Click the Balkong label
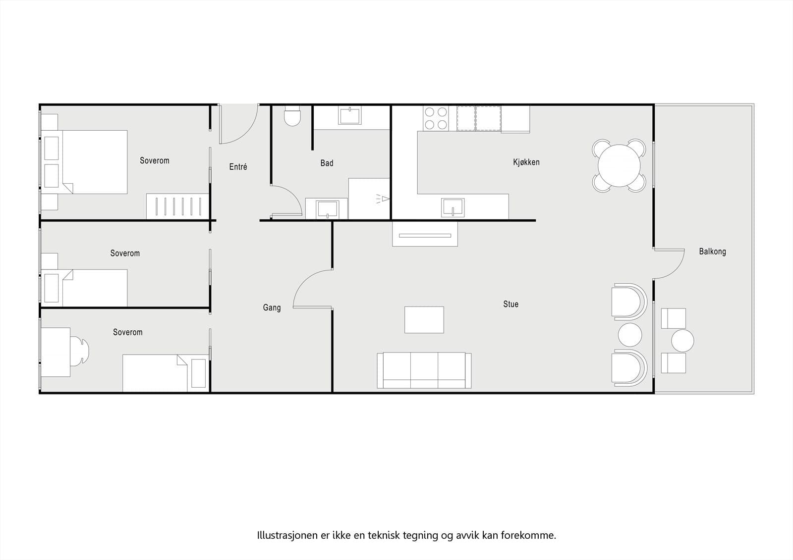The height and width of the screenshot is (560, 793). [712, 252]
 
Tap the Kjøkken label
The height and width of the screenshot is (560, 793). [526, 162]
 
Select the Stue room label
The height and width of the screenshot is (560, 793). [510, 304]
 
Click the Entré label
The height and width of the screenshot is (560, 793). [238, 167]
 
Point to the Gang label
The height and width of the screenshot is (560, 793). [272, 307]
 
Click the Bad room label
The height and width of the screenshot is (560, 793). [327, 163]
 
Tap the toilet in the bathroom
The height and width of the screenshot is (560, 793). [292, 116]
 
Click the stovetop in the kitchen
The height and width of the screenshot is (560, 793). [436, 118]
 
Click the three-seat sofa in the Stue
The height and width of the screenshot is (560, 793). [424, 370]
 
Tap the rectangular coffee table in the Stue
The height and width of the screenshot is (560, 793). [424, 319]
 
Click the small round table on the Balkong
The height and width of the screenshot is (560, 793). [682, 341]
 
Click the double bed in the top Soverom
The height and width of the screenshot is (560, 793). [94, 162]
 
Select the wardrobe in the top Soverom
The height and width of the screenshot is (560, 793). [177, 206]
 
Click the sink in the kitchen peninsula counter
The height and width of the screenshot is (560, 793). [453, 207]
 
